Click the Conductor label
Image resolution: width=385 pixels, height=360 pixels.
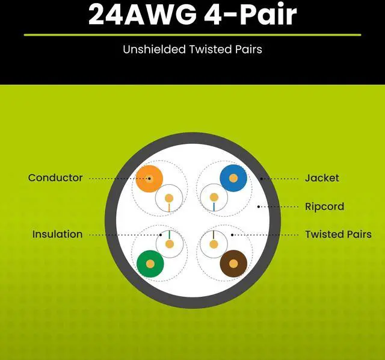(x=55, y=178)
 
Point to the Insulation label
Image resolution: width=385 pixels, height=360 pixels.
(x=57, y=234)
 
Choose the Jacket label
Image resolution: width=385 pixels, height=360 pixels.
(x=322, y=178)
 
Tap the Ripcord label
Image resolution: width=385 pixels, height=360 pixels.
(x=324, y=206)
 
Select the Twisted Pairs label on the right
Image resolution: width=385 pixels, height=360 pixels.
(x=338, y=234)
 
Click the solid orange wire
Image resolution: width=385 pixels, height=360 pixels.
(x=149, y=178)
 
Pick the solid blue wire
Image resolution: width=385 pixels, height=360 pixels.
(x=233, y=178)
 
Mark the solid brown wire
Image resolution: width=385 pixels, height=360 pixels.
(x=233, y=264)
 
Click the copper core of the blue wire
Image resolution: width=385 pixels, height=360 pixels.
(x=233, y=178)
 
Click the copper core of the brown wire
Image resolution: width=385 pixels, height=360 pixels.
(x=233, y=264)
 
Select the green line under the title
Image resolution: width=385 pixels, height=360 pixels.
(x=192, y=35)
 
